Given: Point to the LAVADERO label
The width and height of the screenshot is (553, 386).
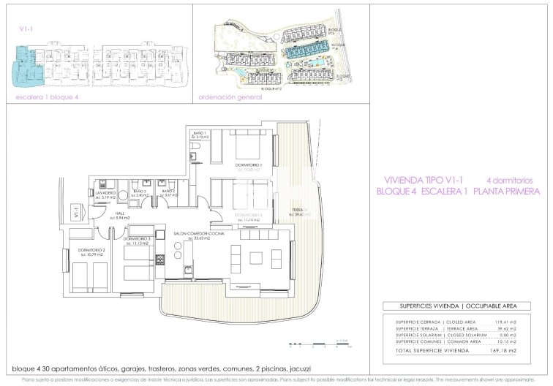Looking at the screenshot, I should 106,194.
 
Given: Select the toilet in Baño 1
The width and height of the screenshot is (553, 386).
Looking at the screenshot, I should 194,154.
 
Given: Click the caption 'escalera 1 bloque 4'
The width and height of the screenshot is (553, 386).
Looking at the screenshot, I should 48,96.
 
